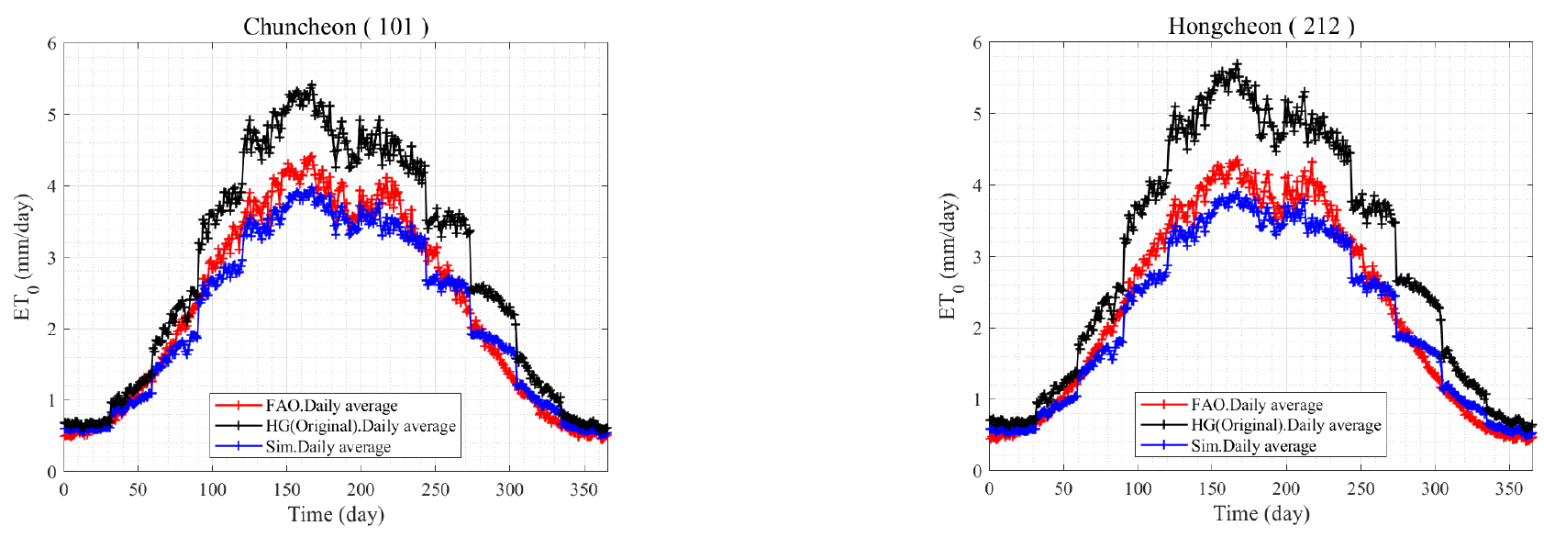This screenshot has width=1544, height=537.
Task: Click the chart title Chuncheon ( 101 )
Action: pyautogui.click(x=336, y=27)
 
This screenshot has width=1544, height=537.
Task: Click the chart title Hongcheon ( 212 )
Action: pyautogui.click(x=1261, y=26)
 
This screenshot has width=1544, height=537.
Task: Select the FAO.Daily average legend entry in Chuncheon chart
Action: pyautogui.click(x=331, y=406)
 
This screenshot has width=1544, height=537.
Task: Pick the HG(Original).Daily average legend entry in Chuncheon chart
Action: pyautogui.click(x=360, y=426)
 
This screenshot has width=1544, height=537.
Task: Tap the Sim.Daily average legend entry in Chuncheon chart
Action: pyautogui.click(x=328, y=447)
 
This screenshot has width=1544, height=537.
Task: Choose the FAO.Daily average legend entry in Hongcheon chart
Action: pyautogui.click(x=1256, y=405)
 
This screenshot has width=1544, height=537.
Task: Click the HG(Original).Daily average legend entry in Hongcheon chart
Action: pyautogui.click(x=1285, y=425)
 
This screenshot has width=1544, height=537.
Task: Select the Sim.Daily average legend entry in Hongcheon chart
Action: pyautogui.click(x=1253, y=446)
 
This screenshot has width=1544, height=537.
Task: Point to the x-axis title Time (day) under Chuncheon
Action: pyautogui.click(x=336, y=514)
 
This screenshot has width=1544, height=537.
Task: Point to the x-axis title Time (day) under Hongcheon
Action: pyautogui.click(x=1261, y=513)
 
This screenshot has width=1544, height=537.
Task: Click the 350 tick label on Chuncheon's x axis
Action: pyautogui.click(x=584, y=490)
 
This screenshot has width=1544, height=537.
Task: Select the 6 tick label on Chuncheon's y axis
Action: pyautogui.click(x=52, y=44)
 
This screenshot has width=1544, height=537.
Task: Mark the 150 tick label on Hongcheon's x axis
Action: pyautogui.click(x=1212, y=489)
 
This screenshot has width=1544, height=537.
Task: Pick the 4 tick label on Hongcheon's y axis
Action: pyautogui.click(x=978, y=185)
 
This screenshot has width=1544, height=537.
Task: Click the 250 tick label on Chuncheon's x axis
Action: pyautogui.click(x=435, y=490)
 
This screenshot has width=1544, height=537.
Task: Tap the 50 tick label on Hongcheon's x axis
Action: pyautogui.click(x=1063, y=489)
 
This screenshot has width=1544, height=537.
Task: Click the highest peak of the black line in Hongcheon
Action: pyautogui.click(x=1237, y=64)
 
